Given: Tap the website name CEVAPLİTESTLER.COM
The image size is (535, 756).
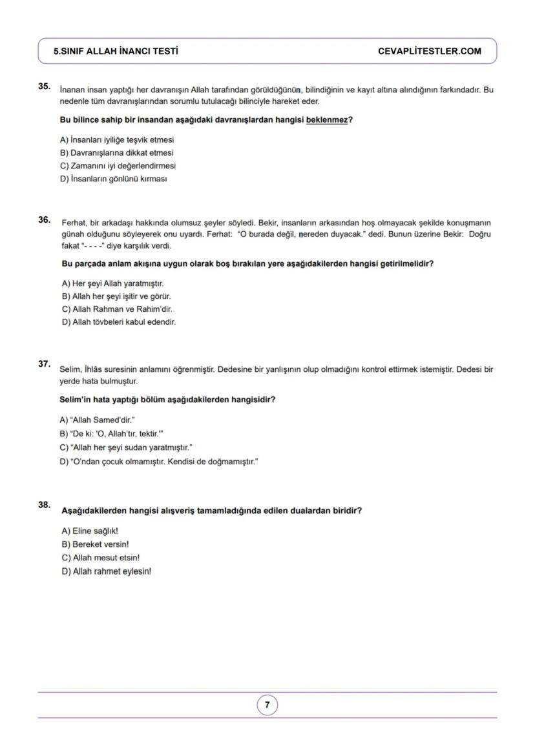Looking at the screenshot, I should point(429,51).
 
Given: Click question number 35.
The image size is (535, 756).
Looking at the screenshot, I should point(45,86).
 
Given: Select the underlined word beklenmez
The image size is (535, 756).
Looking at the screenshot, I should point(327,120).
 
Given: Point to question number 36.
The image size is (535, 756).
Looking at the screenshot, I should point(45,220).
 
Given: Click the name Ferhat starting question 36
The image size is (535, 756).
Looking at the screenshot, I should point(73,223).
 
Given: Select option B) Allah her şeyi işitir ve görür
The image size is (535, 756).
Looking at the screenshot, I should point(116,296).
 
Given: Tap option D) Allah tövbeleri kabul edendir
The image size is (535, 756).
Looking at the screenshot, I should point(119,322).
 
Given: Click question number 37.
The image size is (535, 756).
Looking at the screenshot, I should point(45,364).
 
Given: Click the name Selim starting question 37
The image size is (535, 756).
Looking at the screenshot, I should point(70,370).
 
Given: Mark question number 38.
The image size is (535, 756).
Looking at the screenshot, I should point(45,505).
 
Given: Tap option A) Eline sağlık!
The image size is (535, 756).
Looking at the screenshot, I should point(90,531).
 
